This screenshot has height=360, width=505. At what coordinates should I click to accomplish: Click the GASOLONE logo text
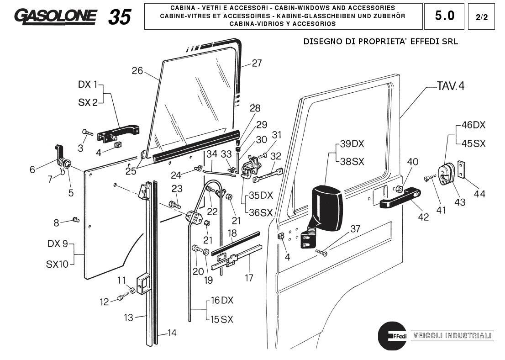[56, 16]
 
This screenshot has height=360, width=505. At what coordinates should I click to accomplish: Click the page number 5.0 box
[444, 16]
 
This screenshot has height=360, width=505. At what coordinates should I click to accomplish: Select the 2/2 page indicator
[481, 17]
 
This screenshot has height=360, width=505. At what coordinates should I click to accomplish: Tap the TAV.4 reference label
[450, 86]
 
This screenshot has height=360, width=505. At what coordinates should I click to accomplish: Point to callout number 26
[137, 71]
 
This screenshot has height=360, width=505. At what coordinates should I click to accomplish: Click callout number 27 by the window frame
[257, 63]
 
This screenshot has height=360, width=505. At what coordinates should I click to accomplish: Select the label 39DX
[352, 144]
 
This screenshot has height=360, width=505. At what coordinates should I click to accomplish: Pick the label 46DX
[473, 125]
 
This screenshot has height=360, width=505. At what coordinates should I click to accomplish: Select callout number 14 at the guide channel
[171, 333]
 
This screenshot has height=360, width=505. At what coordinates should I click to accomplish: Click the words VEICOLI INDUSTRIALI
[452, 336]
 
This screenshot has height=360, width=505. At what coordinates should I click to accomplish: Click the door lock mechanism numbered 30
[250, 168]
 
